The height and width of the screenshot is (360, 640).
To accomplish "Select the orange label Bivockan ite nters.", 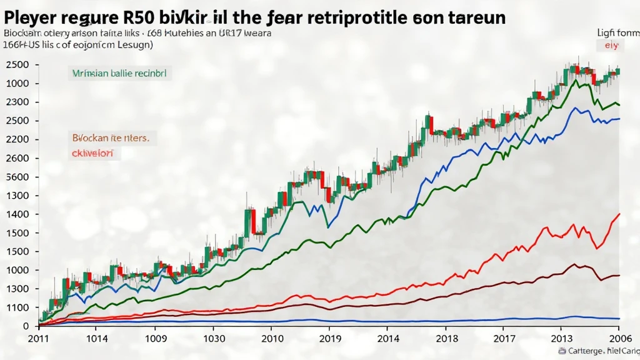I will [114, 136].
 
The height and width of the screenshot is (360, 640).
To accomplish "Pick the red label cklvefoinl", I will [96, 152].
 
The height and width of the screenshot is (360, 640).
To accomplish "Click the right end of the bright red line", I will [619, 214].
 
